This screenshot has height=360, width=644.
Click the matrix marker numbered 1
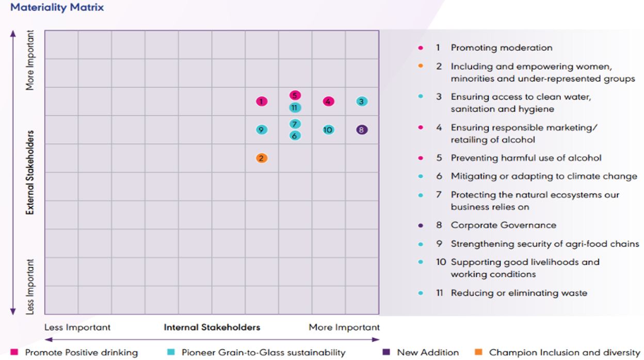tap(262, 102)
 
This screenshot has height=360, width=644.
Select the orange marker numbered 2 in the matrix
tap(262, 158)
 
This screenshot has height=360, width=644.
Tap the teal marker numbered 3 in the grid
tap(362, 102)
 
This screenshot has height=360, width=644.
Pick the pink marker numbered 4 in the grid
tap(328, 102)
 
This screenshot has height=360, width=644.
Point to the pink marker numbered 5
tap(295, 95)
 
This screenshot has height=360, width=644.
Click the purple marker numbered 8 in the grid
tap(362, 130)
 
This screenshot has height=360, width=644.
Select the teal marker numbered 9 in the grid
tap(262, 130)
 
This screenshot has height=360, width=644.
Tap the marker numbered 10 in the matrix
tap(328, 130)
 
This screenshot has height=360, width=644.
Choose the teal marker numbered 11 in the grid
tap(295, 108)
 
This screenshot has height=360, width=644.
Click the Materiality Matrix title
tap(57, 8)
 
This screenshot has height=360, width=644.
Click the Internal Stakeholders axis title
tap(212, 328)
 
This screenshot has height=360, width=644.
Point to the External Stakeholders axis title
tap(30, 172)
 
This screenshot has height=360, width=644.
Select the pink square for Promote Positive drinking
tap(14, 352)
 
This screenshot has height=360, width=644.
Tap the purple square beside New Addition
tap(387, 352)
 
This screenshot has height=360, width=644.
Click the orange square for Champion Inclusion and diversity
tap(478, 352)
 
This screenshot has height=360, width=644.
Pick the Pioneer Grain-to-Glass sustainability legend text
tap(263, 353)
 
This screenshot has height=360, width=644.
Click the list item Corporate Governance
tap(503, 225)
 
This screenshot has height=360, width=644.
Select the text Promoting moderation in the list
tap(501, 48)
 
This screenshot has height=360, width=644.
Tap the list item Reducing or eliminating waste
tap(519, 293)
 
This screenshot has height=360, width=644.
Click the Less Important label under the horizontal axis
tap(77, 328)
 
